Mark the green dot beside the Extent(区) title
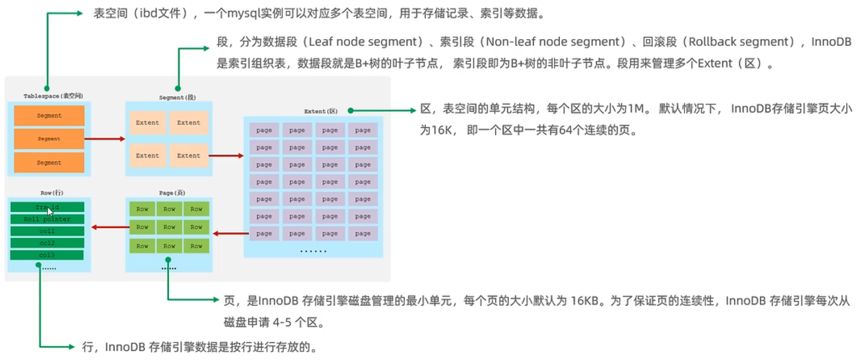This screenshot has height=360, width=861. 350,111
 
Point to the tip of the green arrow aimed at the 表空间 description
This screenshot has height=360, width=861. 82,13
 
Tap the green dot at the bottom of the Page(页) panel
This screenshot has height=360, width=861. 168,260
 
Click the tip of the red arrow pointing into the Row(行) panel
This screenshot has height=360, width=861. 92,227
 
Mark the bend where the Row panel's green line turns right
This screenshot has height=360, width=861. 40,347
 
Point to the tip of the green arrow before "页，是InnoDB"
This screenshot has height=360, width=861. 219,299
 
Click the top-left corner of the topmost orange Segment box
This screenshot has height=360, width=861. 14,106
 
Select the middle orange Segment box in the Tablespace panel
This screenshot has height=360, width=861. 49,139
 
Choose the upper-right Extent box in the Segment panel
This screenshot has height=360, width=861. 189,123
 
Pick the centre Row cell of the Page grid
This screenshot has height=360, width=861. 169,227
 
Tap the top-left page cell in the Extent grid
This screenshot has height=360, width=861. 264,130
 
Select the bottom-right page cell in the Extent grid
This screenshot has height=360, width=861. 363,233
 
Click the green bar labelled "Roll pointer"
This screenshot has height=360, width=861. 47,219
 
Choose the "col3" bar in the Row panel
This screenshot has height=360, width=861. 47,255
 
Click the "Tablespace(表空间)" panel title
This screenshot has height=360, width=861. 53,96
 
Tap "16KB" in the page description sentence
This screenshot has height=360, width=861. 584,301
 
